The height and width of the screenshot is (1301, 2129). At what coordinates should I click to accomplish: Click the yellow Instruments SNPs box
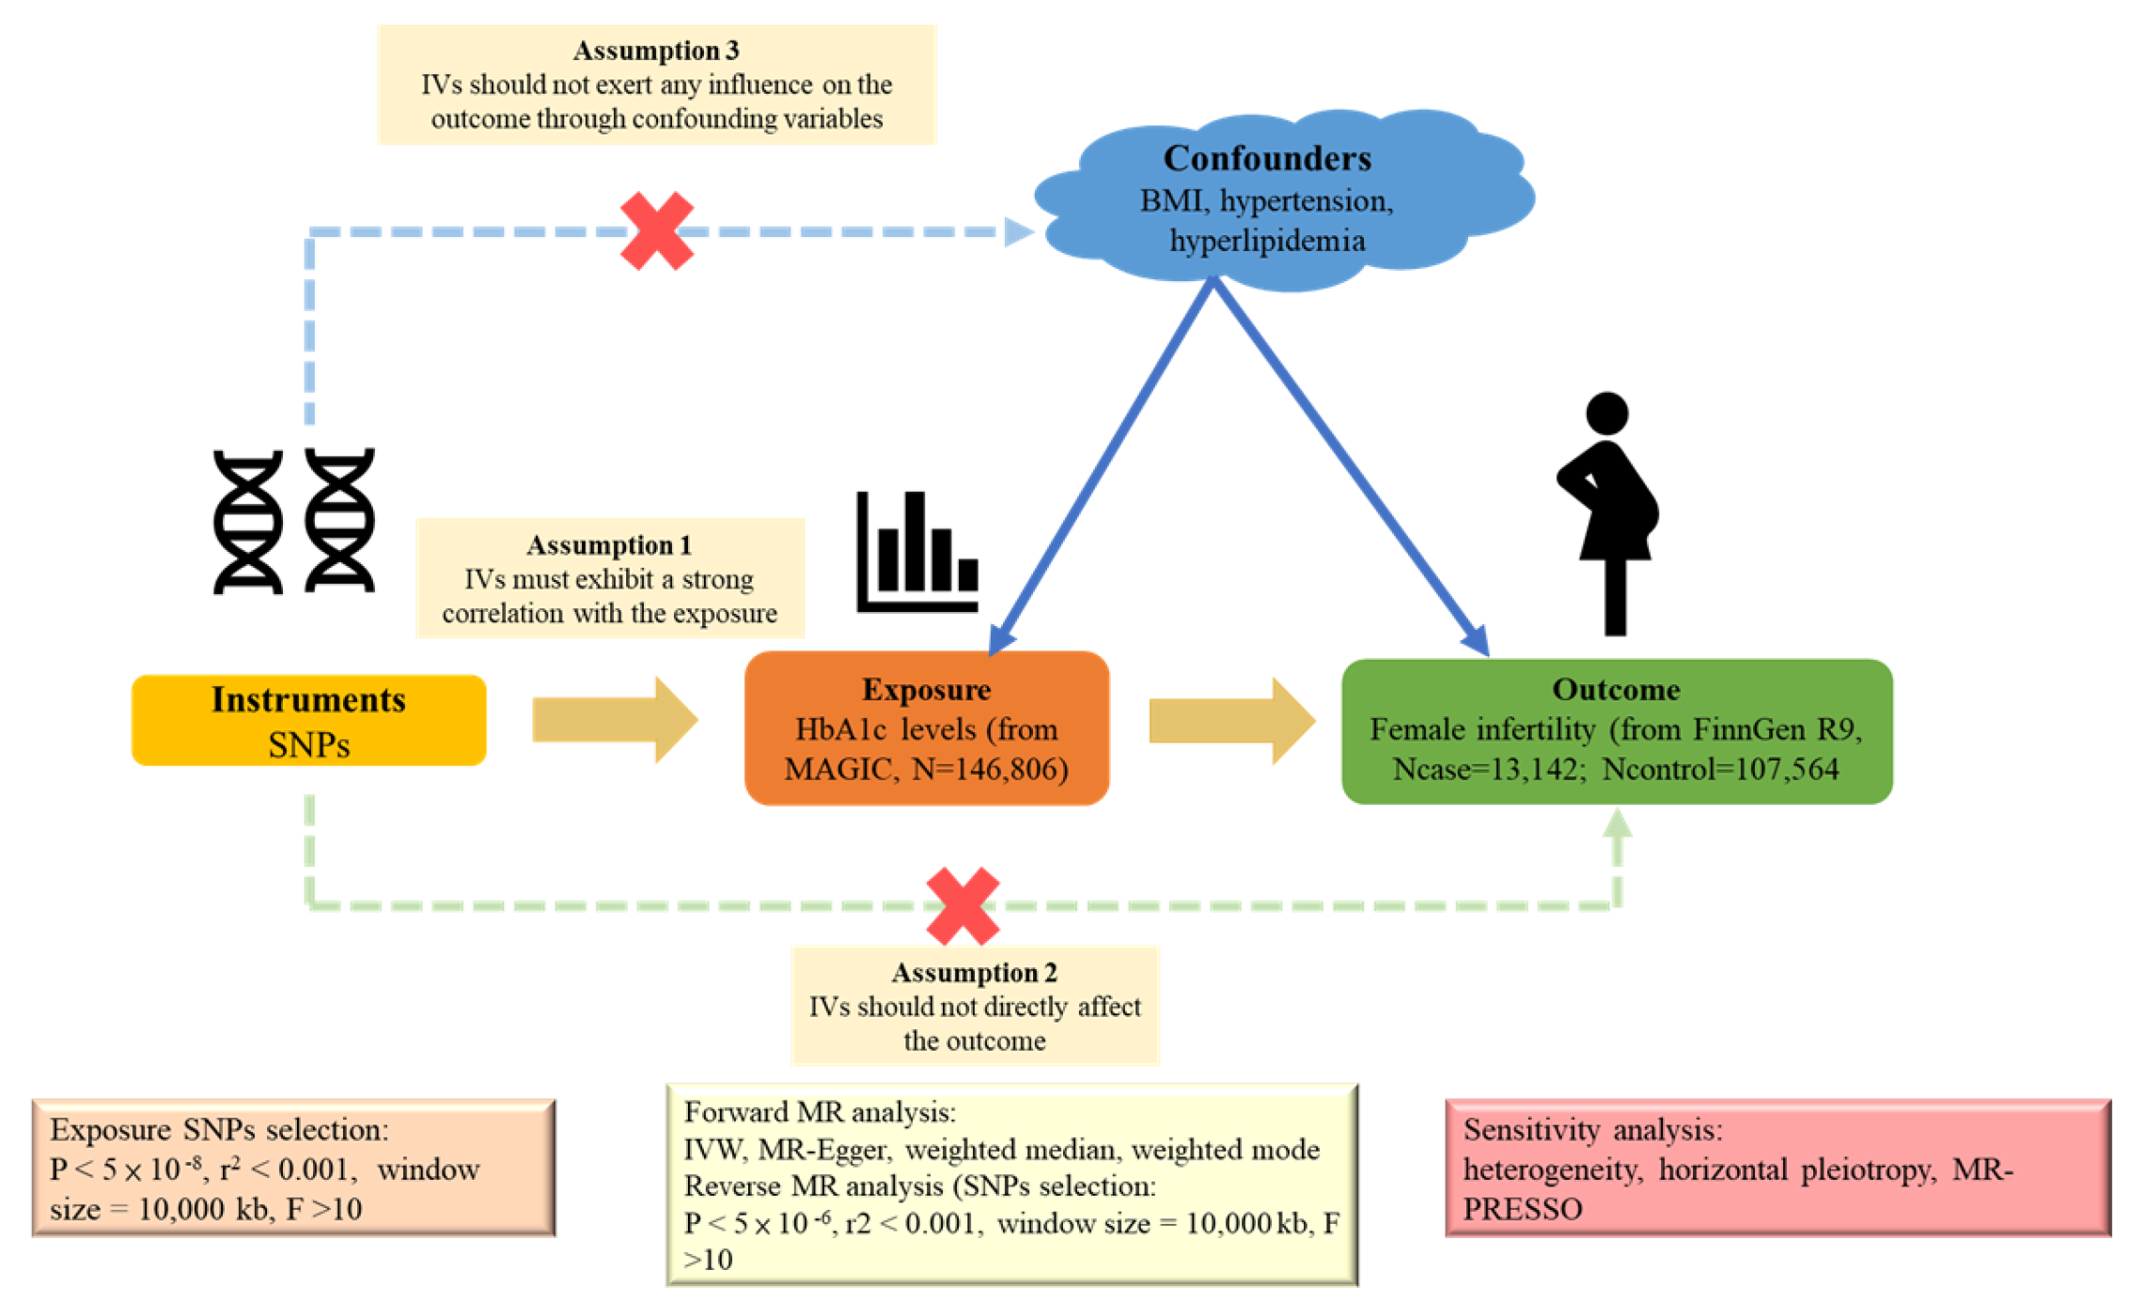coord(308,720)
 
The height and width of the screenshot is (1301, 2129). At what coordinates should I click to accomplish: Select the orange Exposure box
coord(927,729)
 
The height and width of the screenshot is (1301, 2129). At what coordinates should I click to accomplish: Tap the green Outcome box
coord(1617,731)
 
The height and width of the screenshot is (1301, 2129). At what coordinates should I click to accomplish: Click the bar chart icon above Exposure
coord(917,552)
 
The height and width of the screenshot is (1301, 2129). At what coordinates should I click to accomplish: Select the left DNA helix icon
coord(248,522)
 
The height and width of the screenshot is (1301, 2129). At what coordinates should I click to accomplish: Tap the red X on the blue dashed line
coord(657,231)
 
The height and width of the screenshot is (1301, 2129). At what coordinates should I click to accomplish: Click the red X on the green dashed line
coord(963,906)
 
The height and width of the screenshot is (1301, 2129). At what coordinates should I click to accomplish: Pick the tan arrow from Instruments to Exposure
coord(615,720)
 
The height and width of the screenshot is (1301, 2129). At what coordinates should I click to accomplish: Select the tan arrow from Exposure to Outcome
coord(1232,721)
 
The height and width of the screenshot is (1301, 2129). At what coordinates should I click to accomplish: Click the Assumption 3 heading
coord(656,50)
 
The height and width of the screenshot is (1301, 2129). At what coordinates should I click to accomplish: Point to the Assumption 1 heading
coord(609,545)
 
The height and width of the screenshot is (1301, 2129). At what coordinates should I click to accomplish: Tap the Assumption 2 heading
coord(975,972)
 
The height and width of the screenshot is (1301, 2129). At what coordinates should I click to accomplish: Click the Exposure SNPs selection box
coord(294,1168)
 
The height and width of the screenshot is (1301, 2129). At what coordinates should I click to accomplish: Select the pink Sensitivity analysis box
coord(1778,1168)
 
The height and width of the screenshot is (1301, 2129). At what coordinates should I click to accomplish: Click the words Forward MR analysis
coord(820,1112)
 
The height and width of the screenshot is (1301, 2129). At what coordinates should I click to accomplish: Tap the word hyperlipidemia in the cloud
coord(1267,242)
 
